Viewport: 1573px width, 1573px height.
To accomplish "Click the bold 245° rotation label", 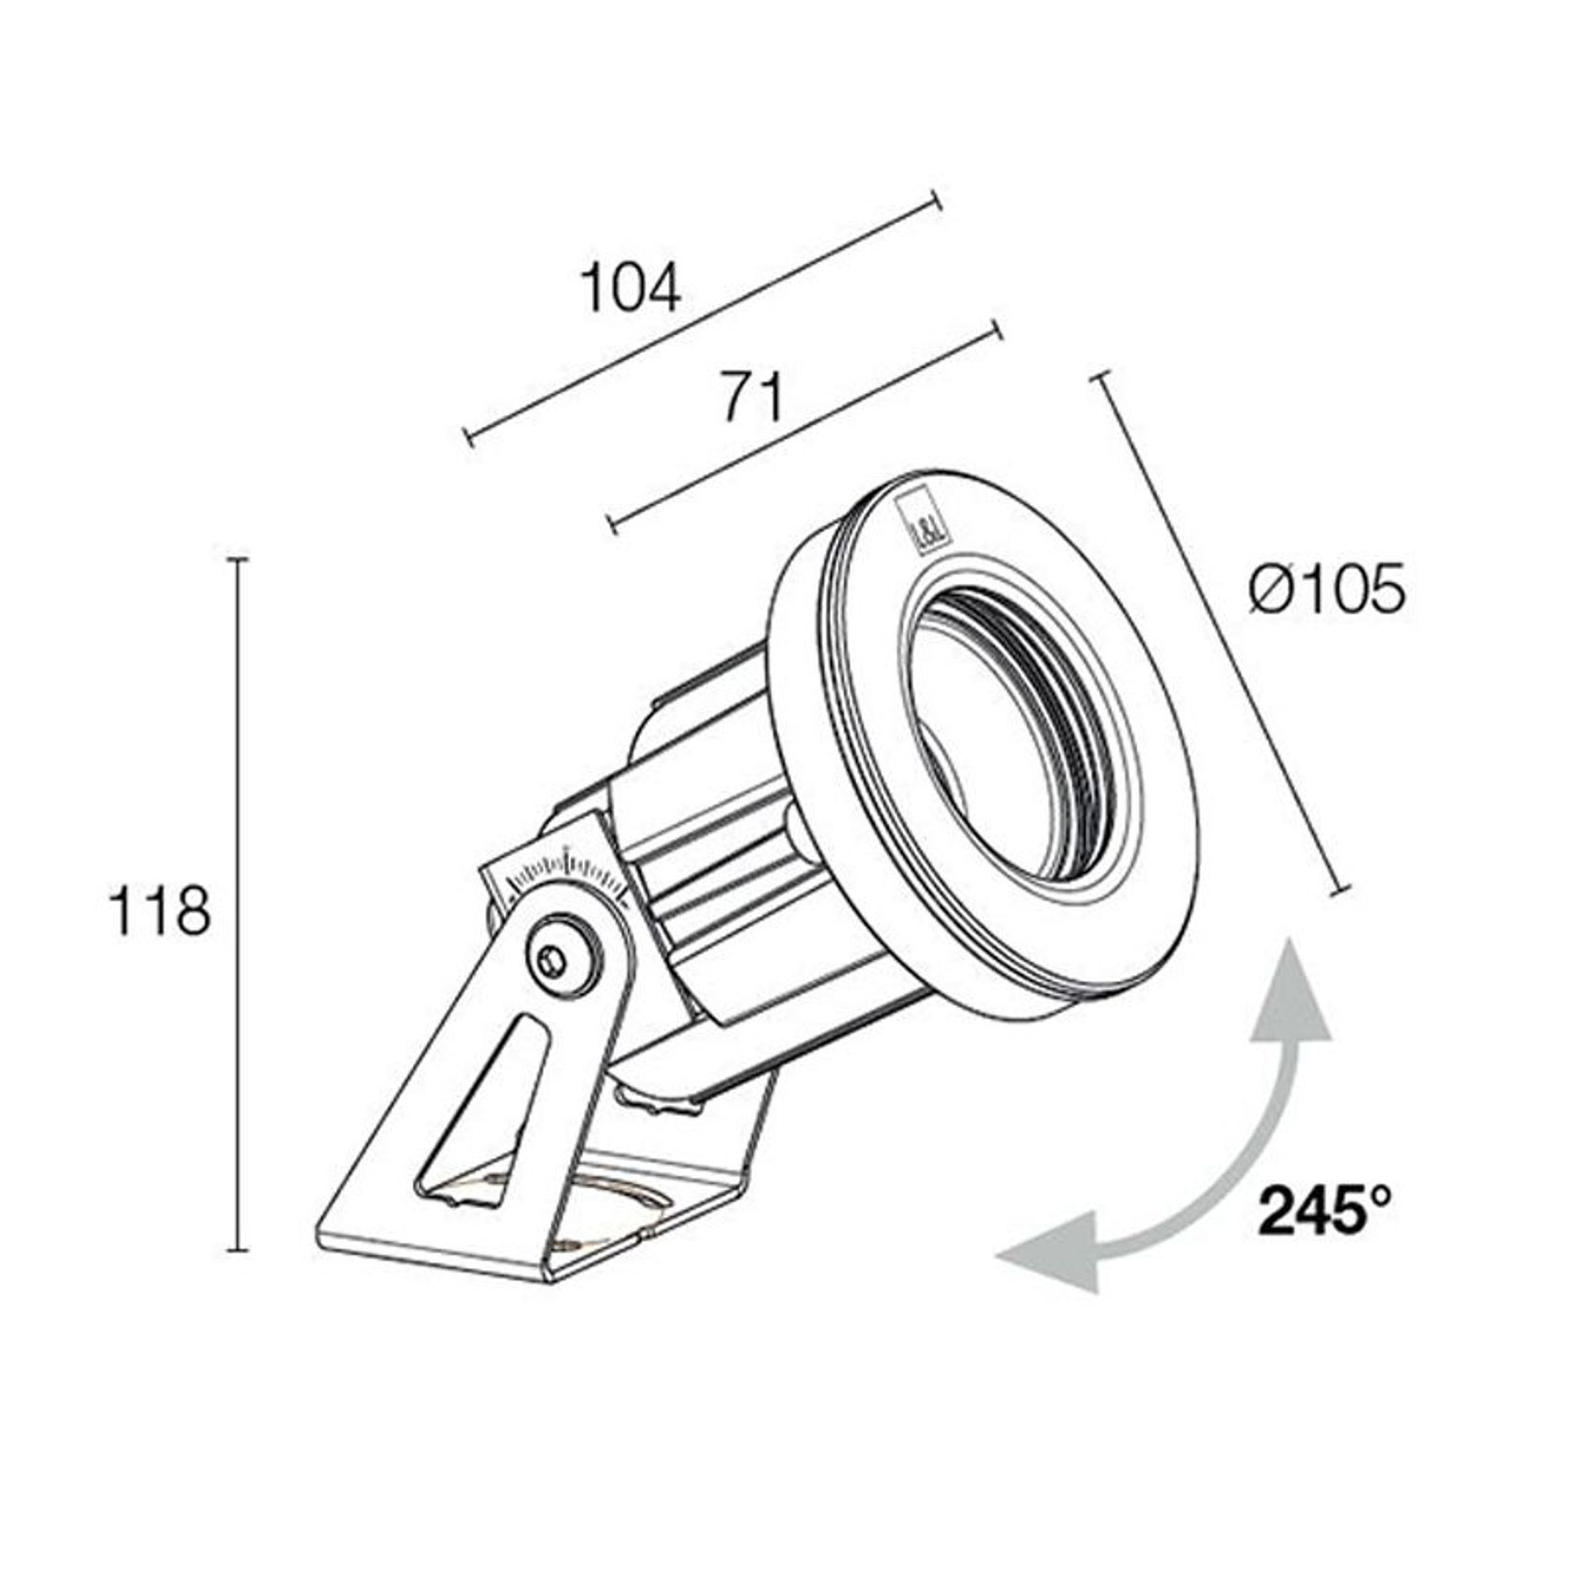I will pyautogui.click(x=1324, y=1212).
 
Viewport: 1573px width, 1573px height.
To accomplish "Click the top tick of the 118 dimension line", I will pyautogui.click(x=238, y=559).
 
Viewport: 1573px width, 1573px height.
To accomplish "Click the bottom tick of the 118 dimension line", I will pyautogui.click(x=238, y=1250).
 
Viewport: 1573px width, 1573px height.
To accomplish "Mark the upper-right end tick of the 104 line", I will pyautogui.click(x=935, y=202).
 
